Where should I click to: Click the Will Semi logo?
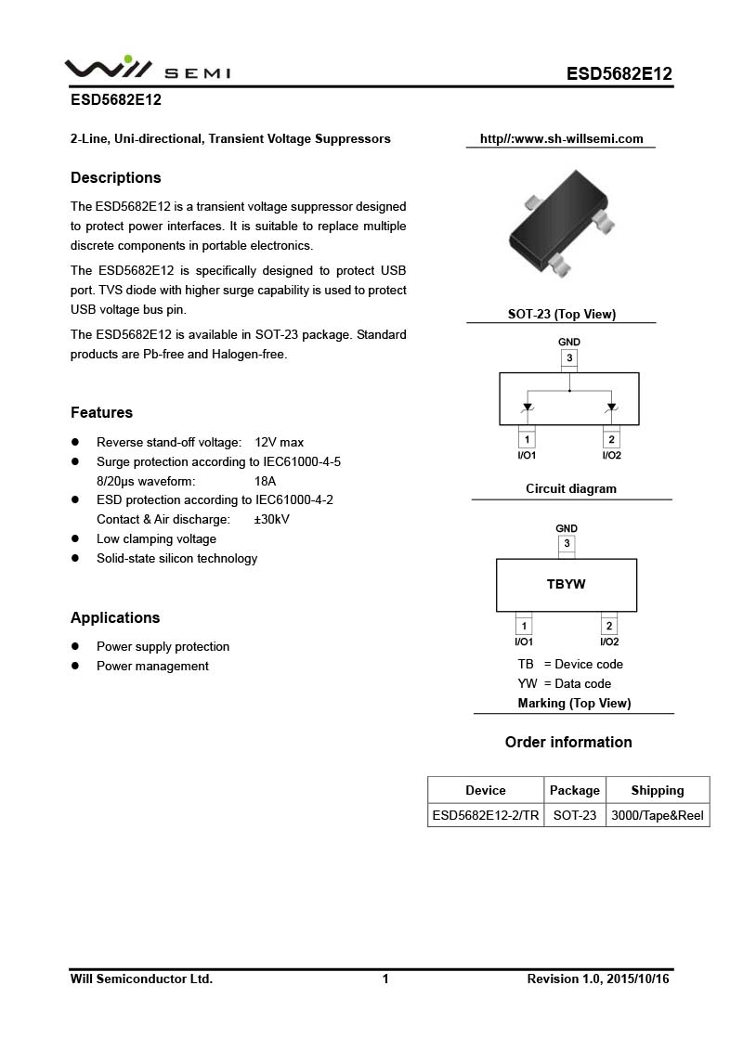point(147,69)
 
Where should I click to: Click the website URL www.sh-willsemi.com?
point(561,139)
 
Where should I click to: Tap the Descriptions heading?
point(116,177)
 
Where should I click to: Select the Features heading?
point(101,412)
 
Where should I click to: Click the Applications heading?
point(115,617)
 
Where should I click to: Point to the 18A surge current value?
point(265,481)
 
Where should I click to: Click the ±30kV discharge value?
point(271,519)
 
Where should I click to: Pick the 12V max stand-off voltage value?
point(279,442)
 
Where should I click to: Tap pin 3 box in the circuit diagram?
point(569,358)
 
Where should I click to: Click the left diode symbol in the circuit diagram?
point(528,406)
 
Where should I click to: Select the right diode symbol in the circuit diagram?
point(611,406)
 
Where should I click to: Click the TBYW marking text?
point(567,584)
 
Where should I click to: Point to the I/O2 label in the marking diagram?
point(609,642)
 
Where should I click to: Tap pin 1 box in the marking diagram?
point(524,626)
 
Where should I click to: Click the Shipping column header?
point(657,790)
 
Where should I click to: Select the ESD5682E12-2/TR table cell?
point(485,816)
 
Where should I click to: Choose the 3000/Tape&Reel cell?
point(657,816)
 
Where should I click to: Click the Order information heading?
point(568,742)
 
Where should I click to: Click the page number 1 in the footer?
point(385,979)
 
